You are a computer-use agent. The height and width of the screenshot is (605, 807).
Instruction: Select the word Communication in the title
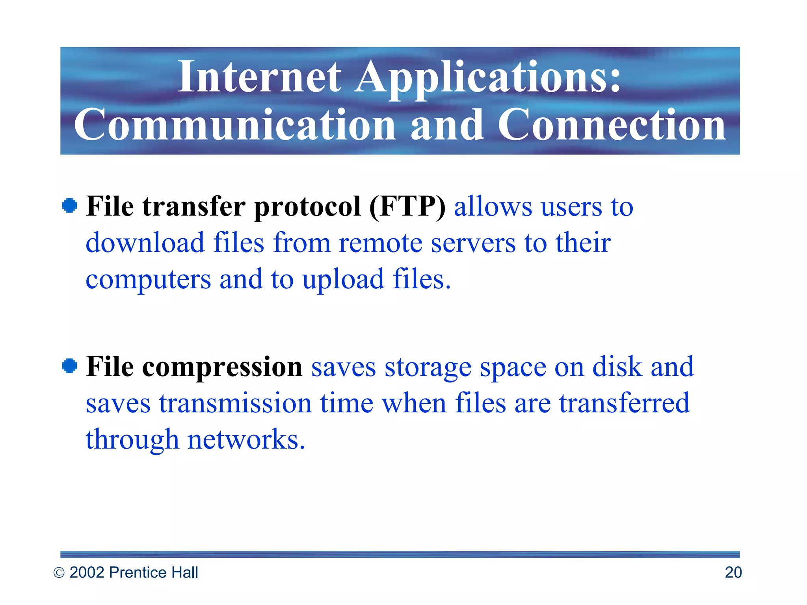[x=235, y=125]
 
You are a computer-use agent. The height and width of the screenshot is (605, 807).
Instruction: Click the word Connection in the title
[x=612, y=125]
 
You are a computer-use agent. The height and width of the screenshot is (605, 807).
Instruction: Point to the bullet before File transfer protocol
[x=70, y=206]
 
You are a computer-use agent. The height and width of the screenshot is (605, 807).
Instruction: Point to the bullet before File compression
[x=70, y=366]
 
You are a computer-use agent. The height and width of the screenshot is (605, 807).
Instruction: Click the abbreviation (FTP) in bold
[x=407, y=206]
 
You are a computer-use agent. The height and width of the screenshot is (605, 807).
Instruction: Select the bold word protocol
[x=307, y=207]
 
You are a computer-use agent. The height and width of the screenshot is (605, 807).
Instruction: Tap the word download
[x=145, y=243]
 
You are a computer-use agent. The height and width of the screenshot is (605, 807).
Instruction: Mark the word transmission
[x=235, y=404]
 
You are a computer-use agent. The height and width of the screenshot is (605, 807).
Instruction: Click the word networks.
[x=246, y=440]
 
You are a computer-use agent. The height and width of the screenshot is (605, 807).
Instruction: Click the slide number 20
[x=733, y=573]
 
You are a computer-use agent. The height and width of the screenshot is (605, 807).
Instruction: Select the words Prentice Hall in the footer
[x=153, y=573]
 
